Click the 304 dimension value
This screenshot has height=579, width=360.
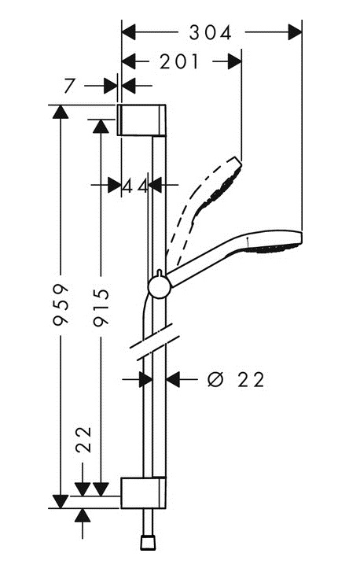click(210, 32)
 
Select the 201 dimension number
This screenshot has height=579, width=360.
click(180, 61)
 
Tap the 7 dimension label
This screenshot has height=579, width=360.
click(70, 86)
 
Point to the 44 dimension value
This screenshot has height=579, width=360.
click(135, 186)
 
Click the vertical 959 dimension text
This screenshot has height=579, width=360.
click(61, 304)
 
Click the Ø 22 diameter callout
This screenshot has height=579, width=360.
click(236, 379)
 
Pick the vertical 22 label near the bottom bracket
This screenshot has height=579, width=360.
click(83, 440)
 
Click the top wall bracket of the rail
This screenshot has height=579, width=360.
click(141, 120)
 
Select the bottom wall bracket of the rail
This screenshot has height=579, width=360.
click(144, 492)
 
